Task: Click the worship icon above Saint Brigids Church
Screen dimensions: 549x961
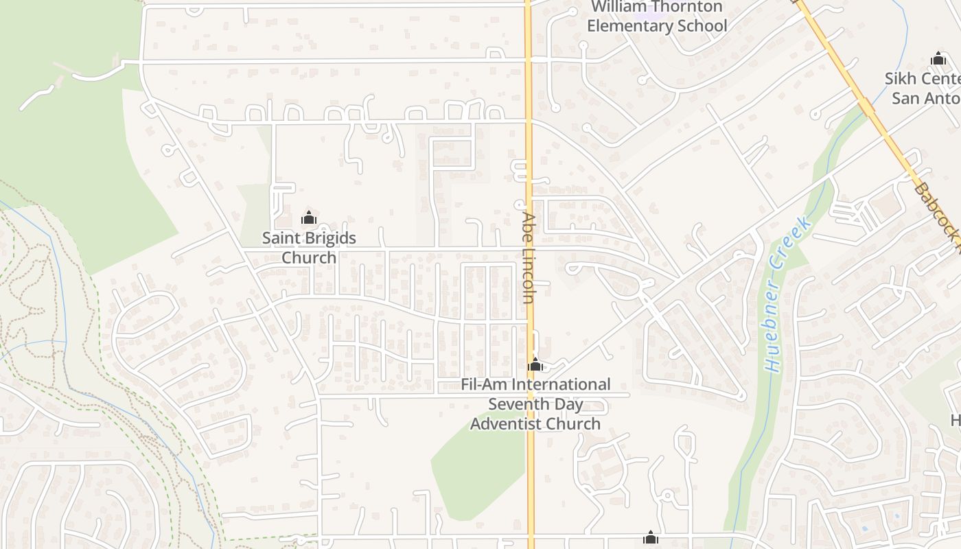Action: click(x=309, y=218)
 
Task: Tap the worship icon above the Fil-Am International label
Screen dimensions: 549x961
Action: click(x=535, y=364)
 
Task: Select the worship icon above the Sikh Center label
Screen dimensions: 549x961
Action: click(x=938, y=59)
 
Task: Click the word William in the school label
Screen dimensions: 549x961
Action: click(x=621, y=7)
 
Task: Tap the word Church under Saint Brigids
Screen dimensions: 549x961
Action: click(x=309, y=257)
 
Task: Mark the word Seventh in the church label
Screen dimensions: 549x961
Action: click(x=517, y=404)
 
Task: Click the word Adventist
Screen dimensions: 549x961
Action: click(x=507, y=423)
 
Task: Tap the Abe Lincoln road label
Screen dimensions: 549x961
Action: click(x=528, y=257)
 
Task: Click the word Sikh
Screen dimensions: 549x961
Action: click(x=899, y=79)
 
